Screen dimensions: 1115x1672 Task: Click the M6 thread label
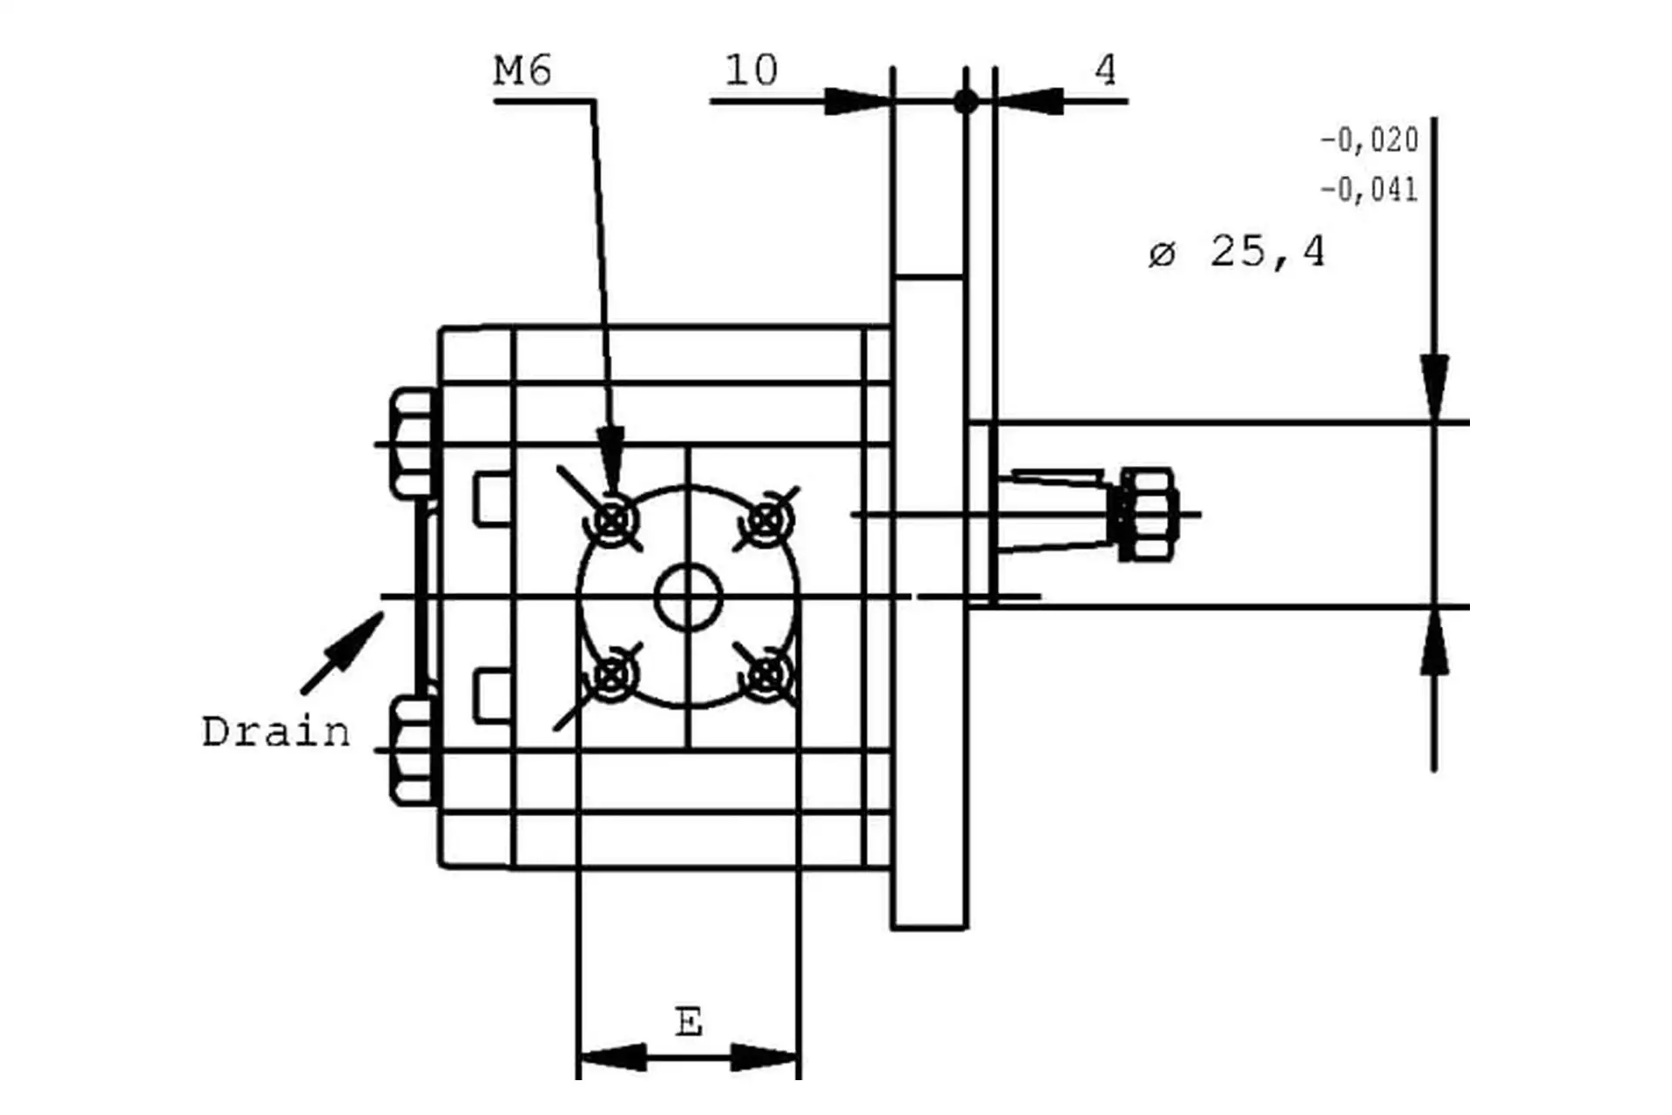click(522, 71)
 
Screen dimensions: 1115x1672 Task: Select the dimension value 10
click(751, 71)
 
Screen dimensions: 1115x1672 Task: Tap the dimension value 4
click(1105, 70)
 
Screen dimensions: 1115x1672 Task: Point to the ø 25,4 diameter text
click(1237, 253)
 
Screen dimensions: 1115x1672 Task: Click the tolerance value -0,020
click(1369, 140)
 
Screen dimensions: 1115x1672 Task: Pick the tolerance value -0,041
click(1369, 190)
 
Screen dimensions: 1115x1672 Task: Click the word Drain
click(275, 732)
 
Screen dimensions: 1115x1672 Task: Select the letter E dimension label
click(689, 1021)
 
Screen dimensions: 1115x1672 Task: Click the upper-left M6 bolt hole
click(615, 521)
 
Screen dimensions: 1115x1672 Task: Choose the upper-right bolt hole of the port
click(765, 521)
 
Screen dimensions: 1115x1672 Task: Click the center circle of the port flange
click(688, 598)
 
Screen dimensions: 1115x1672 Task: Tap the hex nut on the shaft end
click(1146, 514)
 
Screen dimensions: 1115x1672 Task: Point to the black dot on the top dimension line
click(966, 102)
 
